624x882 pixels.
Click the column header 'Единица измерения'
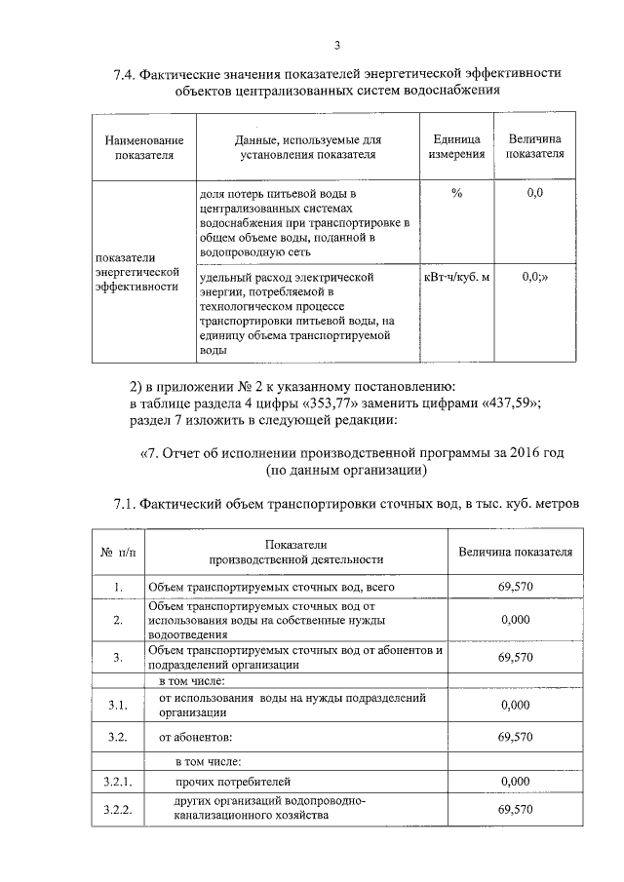click(456, 147)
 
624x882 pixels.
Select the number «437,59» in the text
click(522, 403)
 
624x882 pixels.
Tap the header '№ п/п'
click(116, 553)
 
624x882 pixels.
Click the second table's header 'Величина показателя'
click(515, 553)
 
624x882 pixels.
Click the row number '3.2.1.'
click(117, 781)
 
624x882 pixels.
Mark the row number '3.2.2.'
click(117, 809)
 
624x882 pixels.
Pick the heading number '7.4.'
click(126, 74)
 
